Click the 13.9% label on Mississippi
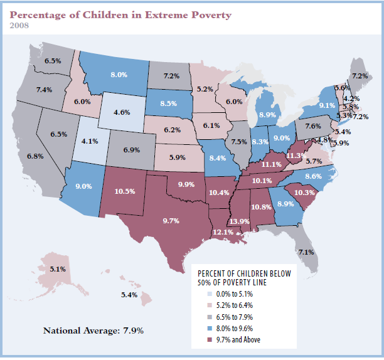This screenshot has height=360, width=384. click(240, 221)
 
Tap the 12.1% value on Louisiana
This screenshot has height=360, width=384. click(223, 232)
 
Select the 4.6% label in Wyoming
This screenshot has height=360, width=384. click(122, 112)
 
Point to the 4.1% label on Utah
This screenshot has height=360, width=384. click(90, 141)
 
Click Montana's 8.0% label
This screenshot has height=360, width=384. click(119, 75)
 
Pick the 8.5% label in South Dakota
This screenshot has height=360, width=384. click(169, 103)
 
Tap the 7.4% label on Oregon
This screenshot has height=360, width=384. click(45, 90)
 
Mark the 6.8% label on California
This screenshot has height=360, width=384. click(35, 156)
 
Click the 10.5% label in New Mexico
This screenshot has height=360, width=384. click(125, 191)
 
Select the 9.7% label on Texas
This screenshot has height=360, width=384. click(171, 221)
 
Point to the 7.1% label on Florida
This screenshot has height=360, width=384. click(306, 252)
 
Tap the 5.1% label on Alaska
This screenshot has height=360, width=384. click(58, 269)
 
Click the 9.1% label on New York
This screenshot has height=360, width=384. click(327, 105)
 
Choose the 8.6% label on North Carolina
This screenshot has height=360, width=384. click(314, 176)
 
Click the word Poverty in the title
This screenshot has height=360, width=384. click(211, 15)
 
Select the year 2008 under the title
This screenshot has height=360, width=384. click(19, 26)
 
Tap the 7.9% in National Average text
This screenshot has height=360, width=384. click(133, 331)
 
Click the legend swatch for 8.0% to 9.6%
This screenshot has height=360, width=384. click(210, 328)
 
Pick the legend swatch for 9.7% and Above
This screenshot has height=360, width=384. click(210, 340)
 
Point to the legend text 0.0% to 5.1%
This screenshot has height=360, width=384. click(235, 294)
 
